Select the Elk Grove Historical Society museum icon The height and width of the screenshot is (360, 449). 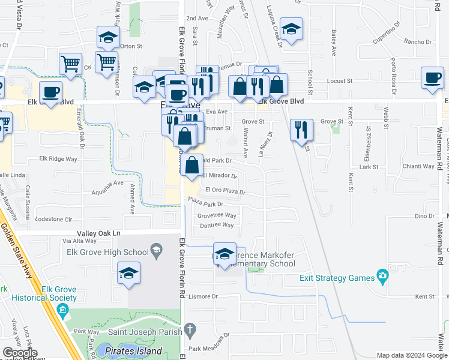63,310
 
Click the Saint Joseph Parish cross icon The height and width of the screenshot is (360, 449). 190,329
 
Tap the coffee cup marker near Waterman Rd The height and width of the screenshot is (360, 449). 432,78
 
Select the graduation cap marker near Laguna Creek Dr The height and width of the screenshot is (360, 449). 292,29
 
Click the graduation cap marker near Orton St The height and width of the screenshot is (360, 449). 109,37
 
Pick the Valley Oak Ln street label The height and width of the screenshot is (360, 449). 99,233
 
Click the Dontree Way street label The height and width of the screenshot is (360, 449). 216,225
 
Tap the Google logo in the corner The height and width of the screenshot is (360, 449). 20,353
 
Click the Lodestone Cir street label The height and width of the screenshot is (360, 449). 54,219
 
